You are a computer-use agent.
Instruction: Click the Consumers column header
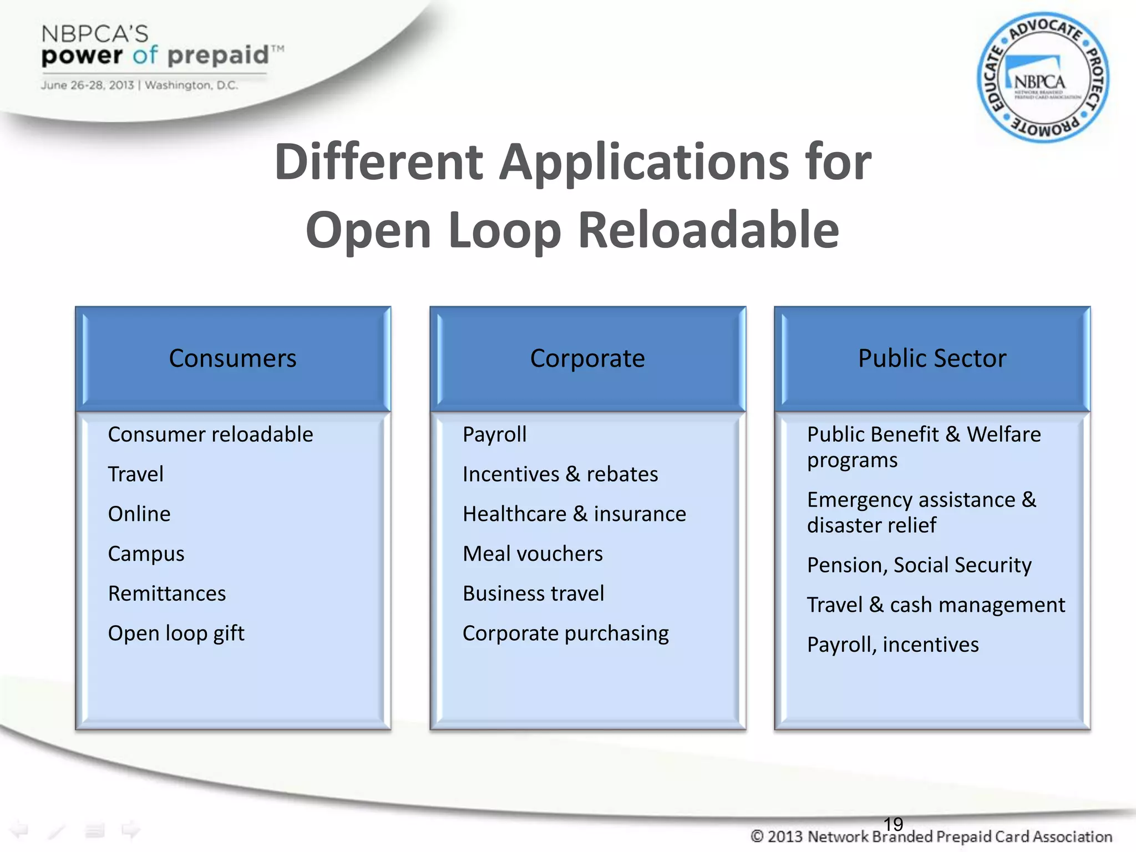click(232, 358)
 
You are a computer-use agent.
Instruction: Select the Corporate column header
click(587, 358)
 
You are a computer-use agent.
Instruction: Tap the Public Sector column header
click(932, 358)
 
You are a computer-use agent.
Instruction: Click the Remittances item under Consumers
click(167, 594)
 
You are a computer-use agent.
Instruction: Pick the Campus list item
click(146, 554)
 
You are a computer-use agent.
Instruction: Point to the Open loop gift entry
click(176, 633)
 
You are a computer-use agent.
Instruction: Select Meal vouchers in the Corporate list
click(532, 554)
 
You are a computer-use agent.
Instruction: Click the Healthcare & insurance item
click(574, 514)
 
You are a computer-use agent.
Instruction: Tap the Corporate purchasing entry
click(565, 633)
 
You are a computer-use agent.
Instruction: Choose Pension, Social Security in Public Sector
click(919, 565)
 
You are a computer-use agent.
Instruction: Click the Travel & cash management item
click(936, 605)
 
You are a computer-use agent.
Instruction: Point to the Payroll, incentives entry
click(892, 645)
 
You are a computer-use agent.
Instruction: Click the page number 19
click(893, 824)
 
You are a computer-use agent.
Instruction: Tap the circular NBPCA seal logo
click(1042, 78)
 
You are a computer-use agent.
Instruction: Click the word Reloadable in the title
click(708, 230)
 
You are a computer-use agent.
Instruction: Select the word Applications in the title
click(644, 162)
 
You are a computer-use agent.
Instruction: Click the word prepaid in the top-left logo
click(217, 55)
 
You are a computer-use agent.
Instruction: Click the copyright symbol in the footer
click(757, 836)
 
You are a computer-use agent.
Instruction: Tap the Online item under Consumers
click(139, 514)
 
